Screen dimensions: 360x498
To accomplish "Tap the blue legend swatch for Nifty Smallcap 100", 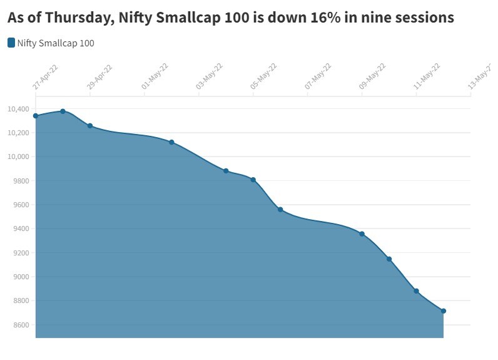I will [11, 43].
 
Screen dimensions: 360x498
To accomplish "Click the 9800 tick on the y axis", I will [20, 181].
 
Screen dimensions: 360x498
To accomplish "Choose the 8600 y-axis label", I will [20, 325].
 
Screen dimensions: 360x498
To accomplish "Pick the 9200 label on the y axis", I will [20, 253].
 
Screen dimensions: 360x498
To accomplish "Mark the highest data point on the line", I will [63, 111].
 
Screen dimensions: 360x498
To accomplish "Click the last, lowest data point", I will [444, 311].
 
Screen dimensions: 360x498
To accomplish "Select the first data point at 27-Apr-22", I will [36, 116].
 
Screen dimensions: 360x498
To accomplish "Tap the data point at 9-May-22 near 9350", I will [362, 234].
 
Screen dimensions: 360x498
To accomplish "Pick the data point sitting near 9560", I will [280, 210].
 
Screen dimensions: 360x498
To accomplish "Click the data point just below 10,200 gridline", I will [90, 126].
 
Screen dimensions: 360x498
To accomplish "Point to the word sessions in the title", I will [424, 18].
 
